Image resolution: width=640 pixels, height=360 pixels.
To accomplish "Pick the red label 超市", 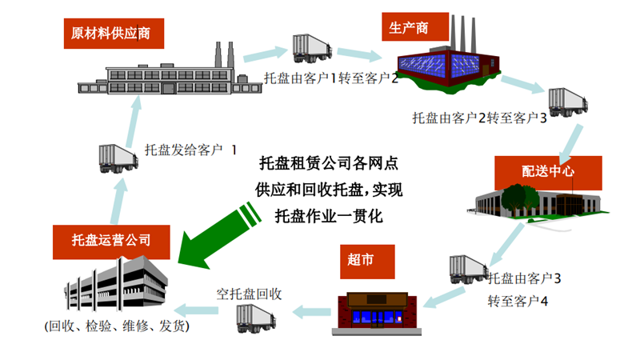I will [x=360, y=260].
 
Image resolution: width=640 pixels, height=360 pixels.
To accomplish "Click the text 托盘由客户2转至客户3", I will [x=479, y=119].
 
